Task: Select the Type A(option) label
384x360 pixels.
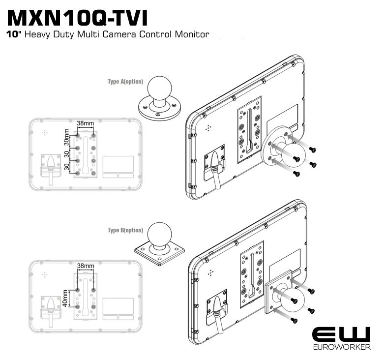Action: point(125,81)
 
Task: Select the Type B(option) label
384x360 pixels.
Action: point(125,230)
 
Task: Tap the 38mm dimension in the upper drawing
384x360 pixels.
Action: point(86,123)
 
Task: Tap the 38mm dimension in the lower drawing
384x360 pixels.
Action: point(86,266)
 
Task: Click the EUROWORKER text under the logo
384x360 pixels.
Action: point(341,346)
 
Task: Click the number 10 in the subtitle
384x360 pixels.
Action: point(13,34)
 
